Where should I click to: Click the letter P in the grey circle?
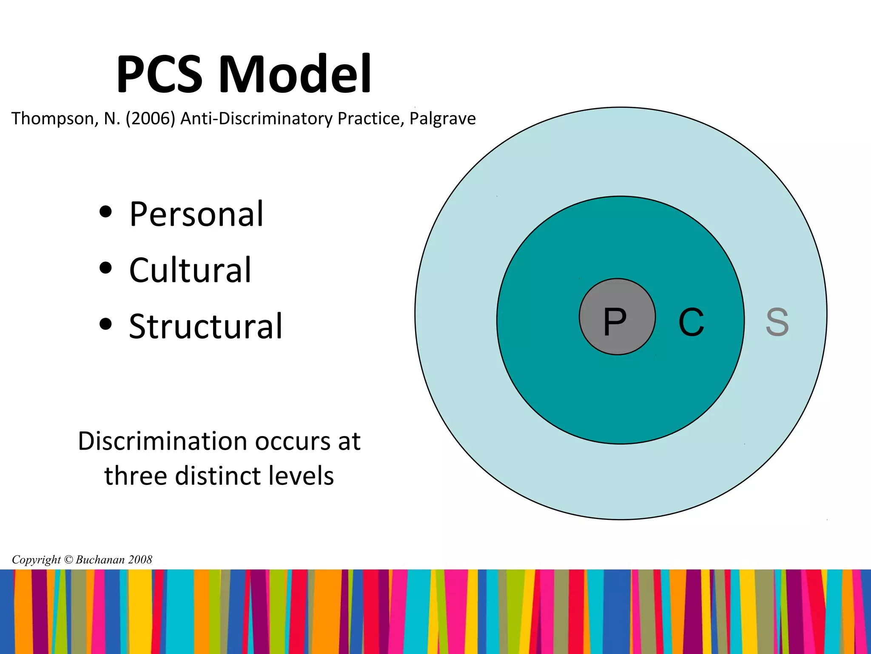tap(615, 322)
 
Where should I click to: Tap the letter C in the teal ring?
tap(691, 322)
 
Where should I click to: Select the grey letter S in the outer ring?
tap(777, 322)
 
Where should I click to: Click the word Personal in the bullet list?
tap(196, 214)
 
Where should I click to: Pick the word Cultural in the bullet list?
tap(190, 270)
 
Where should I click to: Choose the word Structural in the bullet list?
tap(205, 327)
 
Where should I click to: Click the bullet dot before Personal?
tap(105, 212)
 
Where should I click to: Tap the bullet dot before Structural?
tap(105, 324)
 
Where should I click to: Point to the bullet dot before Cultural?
tap(105, 268)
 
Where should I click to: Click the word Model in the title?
tap(295, 75)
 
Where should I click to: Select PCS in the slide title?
tap(159, 75)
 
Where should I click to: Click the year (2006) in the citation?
tap(150, 119)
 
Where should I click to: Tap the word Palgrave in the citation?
tap(442, 119)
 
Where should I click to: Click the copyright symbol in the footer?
tap(68, 559)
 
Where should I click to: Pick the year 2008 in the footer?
tap(140, 559)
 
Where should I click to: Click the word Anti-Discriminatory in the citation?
tap(256, 119)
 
